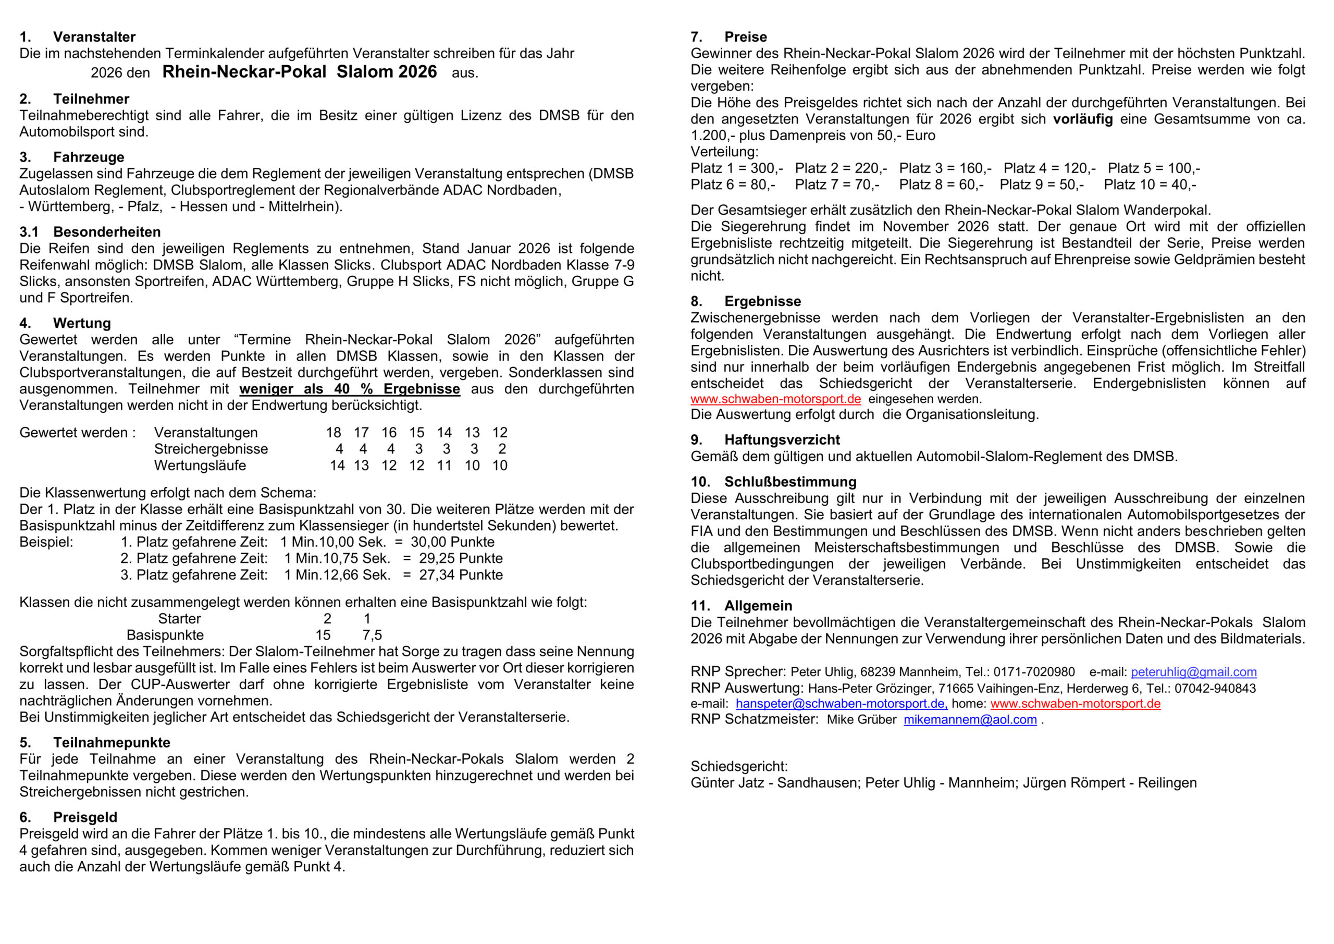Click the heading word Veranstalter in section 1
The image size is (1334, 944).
(x=94, y=37)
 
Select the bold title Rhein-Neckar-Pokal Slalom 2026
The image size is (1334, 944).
(x=299, y=72)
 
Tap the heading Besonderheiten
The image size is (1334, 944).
(x=107, y=232)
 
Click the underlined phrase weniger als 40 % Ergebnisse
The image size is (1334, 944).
(x=349, y=389)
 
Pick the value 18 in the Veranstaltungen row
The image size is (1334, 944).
(x=333, y=433)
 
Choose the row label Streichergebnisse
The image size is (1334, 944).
(x=211, y=449)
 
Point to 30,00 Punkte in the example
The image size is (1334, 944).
(x=453, y=542)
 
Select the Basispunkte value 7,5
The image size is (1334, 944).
(x=372, y=635)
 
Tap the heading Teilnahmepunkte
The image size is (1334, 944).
(x=112, y=743)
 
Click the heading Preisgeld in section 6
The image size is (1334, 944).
(x=85, y=817)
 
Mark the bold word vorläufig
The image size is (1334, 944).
(x=1083, y=119)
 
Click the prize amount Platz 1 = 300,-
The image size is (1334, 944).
(x=736, y=168)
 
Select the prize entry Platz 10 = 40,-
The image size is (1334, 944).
(x=1150, y=185)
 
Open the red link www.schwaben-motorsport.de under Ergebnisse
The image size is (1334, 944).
(x=776, y=399)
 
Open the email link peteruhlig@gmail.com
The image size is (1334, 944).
(x=1193, y=672)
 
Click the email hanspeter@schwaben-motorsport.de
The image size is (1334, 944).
(x=841, y=704)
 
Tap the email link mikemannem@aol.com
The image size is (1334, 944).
(x=970, y=720)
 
